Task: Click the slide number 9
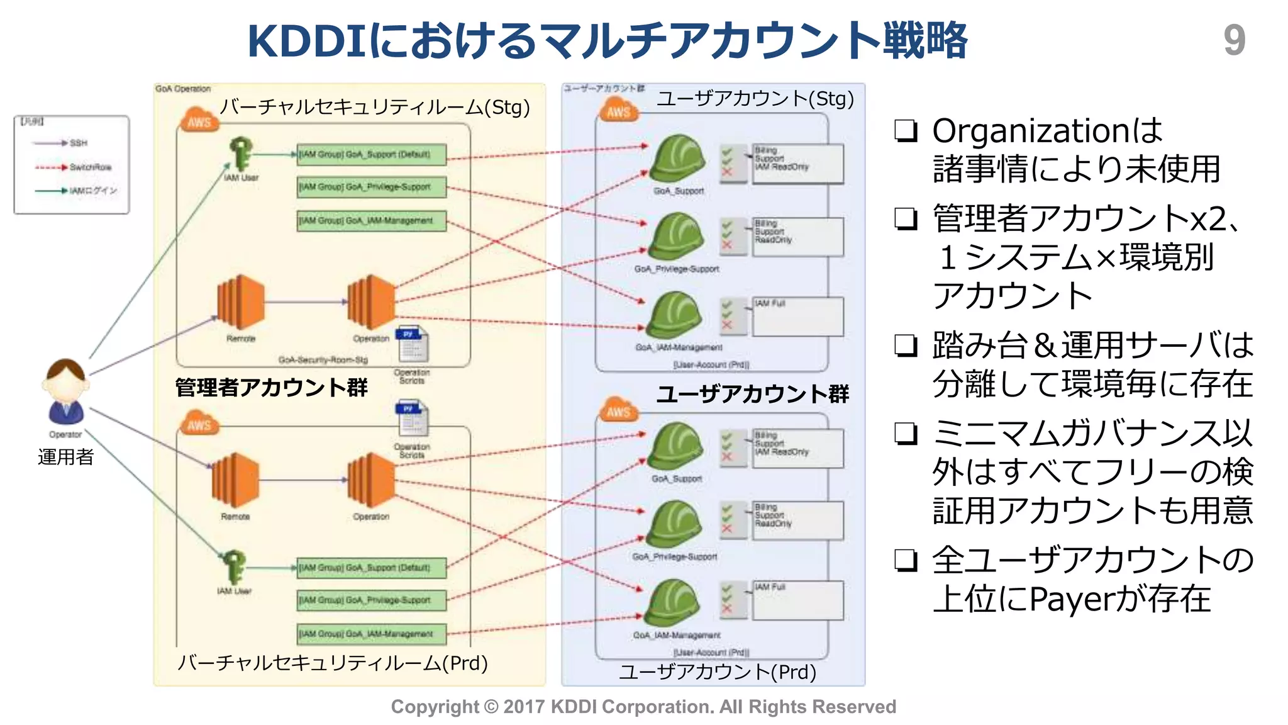(1234, 40)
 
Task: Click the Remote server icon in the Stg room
(240, 302)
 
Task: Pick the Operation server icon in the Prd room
(371, 480)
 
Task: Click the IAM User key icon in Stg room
(240, 154)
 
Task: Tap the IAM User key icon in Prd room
(233, 566)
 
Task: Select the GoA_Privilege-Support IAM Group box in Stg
(372, 187)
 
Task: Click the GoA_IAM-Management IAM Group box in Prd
(372, 634)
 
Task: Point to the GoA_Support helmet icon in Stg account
(677, 159)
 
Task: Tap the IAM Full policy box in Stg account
(797, 317)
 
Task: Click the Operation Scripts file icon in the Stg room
(412, 345)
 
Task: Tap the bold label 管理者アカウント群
(271, 387)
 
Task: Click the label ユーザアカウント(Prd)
(718, 672)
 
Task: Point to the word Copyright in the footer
(435, 707)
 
